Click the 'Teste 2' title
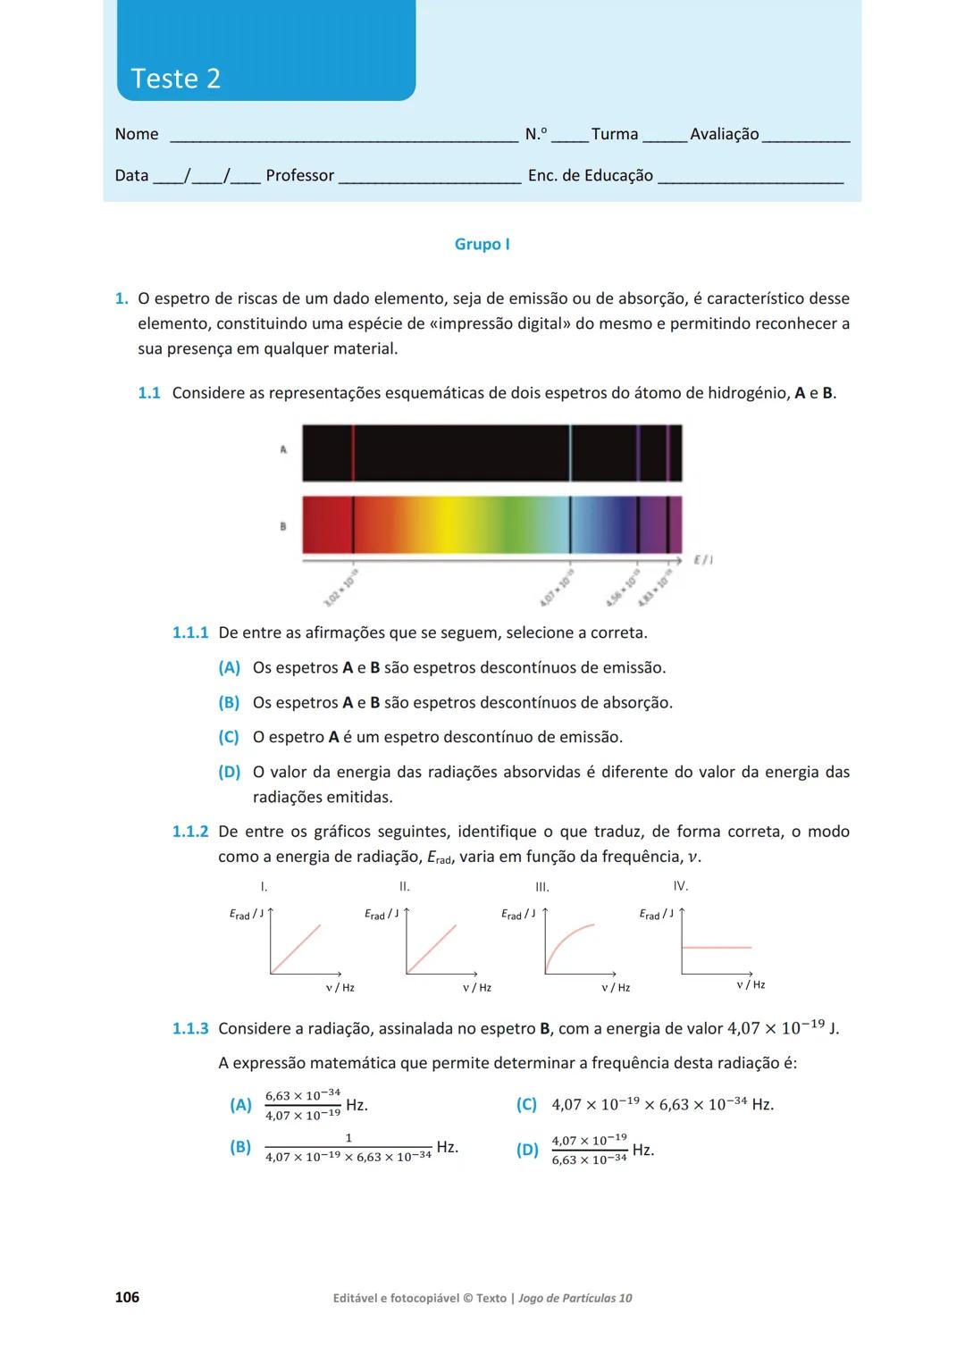point(175,79)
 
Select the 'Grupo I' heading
point(482,244)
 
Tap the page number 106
point(127,1296)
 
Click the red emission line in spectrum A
point(353,453)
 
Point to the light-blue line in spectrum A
point(570,453)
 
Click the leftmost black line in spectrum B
point(353,524)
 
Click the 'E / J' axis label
point(702,560)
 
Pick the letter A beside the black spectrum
point(283,449)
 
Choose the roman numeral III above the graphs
point(541,887)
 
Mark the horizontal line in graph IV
point(717,946)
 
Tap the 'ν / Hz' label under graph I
point(340,987)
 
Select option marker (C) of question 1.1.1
point(229,737)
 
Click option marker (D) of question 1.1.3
point(527,1150)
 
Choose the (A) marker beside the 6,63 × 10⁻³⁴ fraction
point(240,1105)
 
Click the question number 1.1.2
point(189,832)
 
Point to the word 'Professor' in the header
point(299,175)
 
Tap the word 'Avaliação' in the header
point(724,134)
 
